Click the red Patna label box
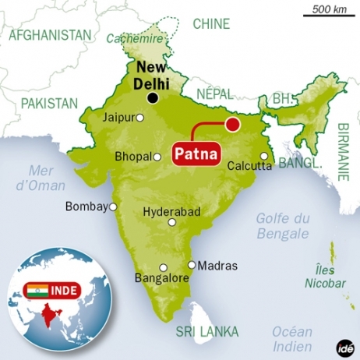pos(196,150)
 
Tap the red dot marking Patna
pos(231,123)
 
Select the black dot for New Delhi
pos(154,97)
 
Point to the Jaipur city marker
pos(140,118)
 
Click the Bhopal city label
pos(132,157)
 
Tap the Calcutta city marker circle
pos(265,156)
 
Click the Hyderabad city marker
pos(172,222)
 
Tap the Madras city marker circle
pos(192,265)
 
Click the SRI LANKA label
pos(206,331)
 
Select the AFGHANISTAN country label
pos(49,35)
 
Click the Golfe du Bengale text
pos(282,226)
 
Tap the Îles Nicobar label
pos(326,277)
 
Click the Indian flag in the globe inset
pos(36,291)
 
